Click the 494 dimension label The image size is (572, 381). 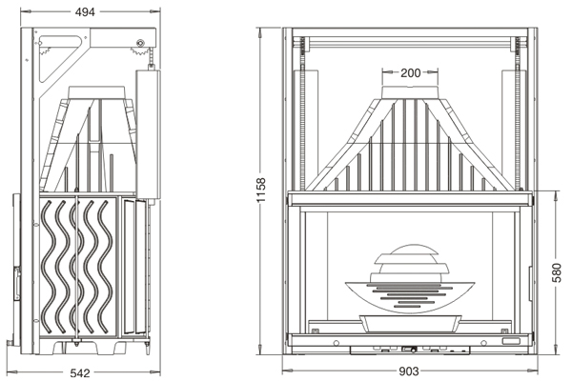(x=85, y=12)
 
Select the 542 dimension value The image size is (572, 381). (x=80, y=373)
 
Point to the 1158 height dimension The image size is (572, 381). (x=261, y=190)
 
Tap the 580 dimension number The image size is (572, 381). (x=557, y=272)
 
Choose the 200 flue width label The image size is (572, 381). (x=410, y=73)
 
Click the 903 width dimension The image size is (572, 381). (x=409, y=371)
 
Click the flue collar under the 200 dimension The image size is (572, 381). (x=410, y=92)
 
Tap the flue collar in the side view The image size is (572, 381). (x=96, y=92)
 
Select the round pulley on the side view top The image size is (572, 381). (x=140, y=43)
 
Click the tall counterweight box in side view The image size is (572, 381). (x=148, y=134)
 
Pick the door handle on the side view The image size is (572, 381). (x=17, y=283)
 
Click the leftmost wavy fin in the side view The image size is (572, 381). (x=49, y=267)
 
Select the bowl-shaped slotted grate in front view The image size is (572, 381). (x=409, y=296)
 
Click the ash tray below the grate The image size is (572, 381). (x=410, y=324)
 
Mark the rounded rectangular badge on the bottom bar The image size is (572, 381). (x=510, y=341)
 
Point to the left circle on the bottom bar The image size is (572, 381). (x=337, y=343)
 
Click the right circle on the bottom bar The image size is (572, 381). (x=483, y=343)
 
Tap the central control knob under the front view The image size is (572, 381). (x=414, y=350)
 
